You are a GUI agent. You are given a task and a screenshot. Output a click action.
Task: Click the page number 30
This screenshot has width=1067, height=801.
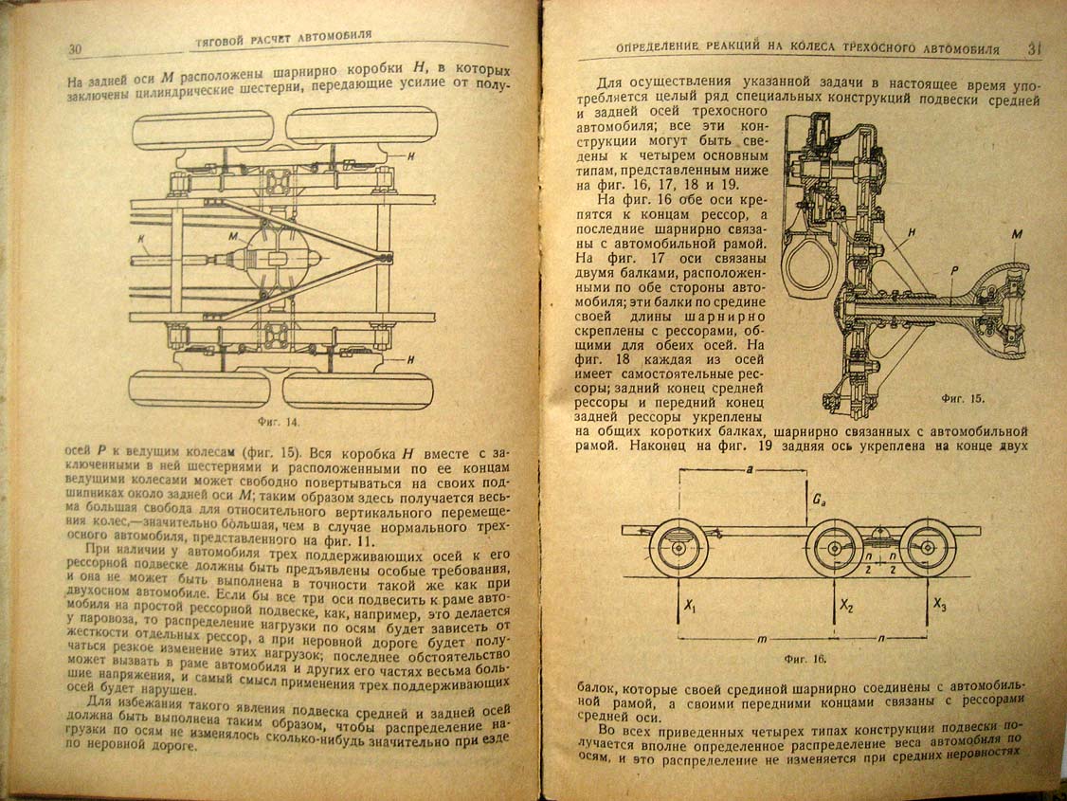[x=75, y=49]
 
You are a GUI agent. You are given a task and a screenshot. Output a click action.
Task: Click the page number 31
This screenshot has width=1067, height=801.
[x=1035, y=48]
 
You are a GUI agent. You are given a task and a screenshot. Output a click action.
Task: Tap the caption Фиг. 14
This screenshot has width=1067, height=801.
[x=278, y=422]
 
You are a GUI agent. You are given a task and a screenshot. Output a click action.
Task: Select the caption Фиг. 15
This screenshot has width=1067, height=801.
[x=963, y=398]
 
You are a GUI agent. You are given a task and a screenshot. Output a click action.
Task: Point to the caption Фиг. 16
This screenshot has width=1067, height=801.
[x=805, y=659]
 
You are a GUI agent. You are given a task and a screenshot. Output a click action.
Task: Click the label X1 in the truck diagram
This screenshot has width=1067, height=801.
[x=690, y=605]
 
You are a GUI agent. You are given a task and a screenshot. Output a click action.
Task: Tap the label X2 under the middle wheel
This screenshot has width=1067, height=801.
[x=846, y=605]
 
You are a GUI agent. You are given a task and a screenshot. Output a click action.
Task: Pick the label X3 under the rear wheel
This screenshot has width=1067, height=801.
[x=940, y=604]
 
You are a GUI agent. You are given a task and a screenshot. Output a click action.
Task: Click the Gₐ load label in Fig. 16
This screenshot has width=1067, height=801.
[x=819, y=501]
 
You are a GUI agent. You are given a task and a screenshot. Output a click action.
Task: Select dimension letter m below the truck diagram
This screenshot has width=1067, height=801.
[x=762, y=639]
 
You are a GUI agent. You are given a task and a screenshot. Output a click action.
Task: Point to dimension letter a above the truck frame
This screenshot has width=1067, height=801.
[x=750, y=469]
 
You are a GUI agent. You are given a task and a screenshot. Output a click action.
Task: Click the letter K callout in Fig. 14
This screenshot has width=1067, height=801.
[x=141, y=240]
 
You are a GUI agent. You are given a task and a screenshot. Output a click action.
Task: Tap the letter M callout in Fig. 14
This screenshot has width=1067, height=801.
[x=233, y=236]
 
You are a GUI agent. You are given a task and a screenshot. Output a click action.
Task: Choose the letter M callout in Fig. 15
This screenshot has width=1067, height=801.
[x=1017, y=234]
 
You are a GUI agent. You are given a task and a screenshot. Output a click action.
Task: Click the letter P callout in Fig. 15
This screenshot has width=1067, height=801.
[x=954, y=271]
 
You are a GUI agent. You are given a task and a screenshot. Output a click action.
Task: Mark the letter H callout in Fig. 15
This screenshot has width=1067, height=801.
[x=912, y=232]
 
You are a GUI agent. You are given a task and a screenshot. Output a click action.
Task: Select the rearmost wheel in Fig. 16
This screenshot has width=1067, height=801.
[x=929, y=547]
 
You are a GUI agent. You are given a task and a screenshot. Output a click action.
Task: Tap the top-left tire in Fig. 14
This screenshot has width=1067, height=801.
[x=203, y=132]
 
